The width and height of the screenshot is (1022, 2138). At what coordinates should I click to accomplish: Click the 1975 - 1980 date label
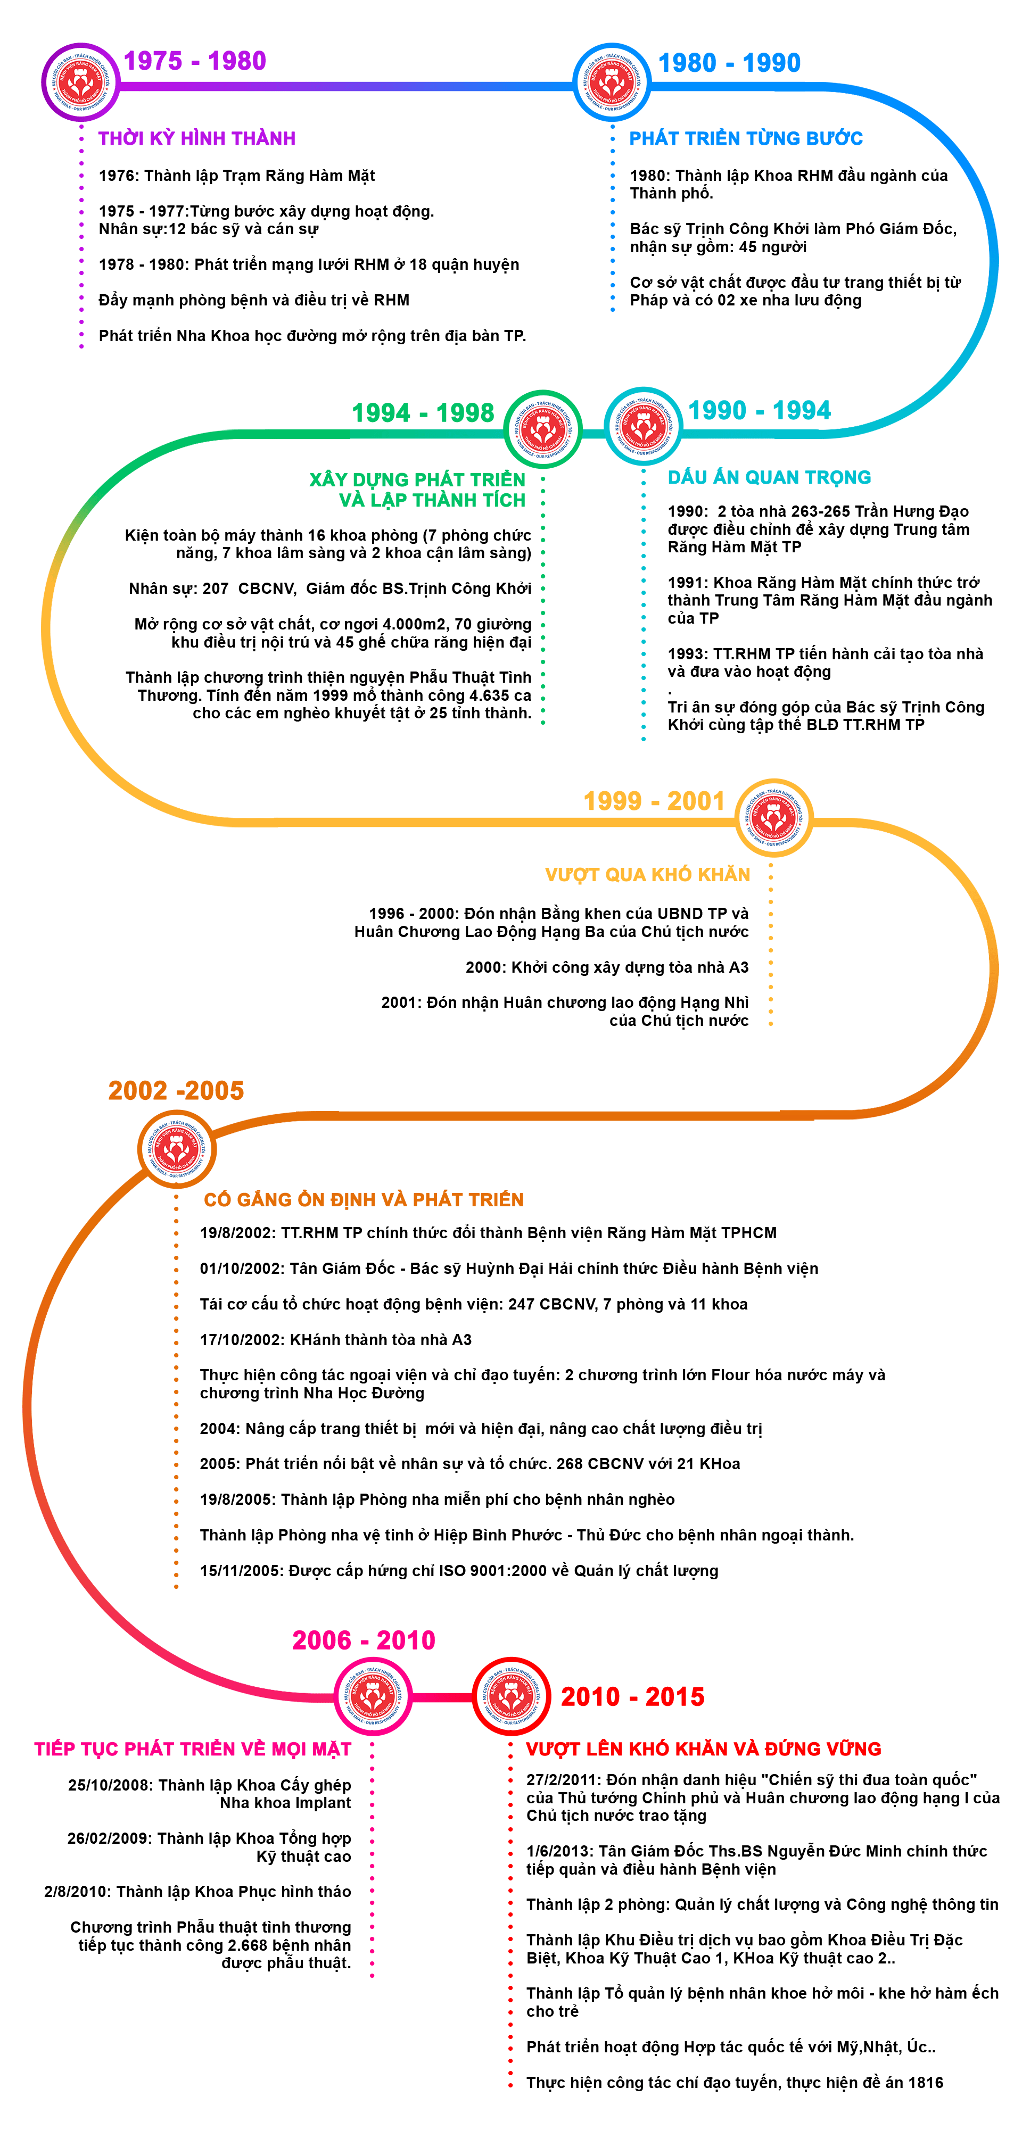point(194,61)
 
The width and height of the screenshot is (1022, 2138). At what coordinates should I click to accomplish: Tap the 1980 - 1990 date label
point(729,63)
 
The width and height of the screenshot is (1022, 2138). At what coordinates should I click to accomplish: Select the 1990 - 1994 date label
point(759,410)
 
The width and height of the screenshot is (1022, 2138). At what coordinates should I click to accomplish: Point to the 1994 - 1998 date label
point(423,412)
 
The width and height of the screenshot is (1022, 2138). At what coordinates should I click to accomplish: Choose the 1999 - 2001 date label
point(653,801)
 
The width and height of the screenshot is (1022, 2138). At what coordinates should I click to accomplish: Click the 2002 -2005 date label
point(176,1091)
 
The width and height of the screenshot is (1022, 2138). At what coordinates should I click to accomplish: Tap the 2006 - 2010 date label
point(364,1640)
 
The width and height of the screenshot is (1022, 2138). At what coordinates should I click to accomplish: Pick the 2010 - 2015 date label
point(632,1696)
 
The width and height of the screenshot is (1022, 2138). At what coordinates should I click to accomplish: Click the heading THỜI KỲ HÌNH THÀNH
point(197,138)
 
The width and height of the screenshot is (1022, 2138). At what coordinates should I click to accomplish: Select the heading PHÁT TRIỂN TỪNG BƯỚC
point(746,138)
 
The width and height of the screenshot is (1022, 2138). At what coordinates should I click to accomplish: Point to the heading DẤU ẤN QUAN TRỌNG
point(769,477)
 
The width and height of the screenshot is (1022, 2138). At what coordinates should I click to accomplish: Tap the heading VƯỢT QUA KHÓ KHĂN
point(648,875)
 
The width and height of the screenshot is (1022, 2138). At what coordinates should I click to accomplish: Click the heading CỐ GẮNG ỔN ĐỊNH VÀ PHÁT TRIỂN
point(364,1199)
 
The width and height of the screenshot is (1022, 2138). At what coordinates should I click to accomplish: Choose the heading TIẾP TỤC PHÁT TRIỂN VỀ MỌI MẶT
point(193,1748)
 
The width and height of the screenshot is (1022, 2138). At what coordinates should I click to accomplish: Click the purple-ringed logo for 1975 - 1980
point(80,82)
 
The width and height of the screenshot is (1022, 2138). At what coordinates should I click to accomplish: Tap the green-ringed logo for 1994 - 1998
point(543,429)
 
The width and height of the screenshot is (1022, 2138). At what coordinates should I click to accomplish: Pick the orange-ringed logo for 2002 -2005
point(176,1149)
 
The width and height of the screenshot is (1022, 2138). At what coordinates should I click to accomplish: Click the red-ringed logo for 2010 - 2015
point(512,1696)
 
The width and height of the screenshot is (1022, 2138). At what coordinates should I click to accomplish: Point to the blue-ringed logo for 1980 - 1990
point(612,82)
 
